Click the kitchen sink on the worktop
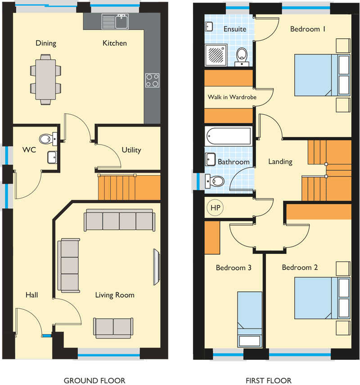pyautogui.click(x=115, y=21)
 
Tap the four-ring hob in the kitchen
pyautogui.click(x=152, y=80)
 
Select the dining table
pyautogui.click(x=45, y=80)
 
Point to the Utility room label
pyautogui.click(x=131, y=150)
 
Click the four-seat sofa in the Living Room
pyautogui.click(x=120, y=220)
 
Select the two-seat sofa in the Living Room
pyautogui.click(x=113, y=328)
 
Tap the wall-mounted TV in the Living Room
pyautogui.click(x=156, y=267)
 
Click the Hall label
pyautogui.click(x=32, y=295)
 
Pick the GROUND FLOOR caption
pyautogui.click(x=94, y=380)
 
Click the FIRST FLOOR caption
pyautogui.click(x=269, y=380)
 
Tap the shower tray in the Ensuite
pyautogui.click(x=216, y=55)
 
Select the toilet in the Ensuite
pyautogui.click(x=242, y=57)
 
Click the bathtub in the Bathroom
pyautogui.click(x=229, y=136)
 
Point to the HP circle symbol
pyautogui.click(x=215, y=208)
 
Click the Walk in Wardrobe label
pyautogui.click(x=232, y=97)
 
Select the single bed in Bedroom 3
pyautogui.click(x=250, y=319)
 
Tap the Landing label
pyautogui.click(x=280, y=162)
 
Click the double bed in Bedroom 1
pyautogui.click(x=322, y=75)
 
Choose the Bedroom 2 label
pyautogui.click(x=300, y=267)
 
